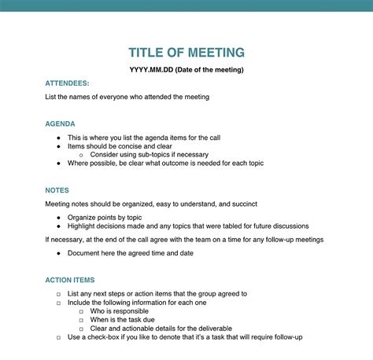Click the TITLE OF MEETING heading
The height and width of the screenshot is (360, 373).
pyautogui.click(x=186, y=53)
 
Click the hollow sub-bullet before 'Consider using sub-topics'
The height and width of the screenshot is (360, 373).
pyautogui.click(x=82, y=155)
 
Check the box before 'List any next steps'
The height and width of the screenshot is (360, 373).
pyautogui.click(x=58, y=294)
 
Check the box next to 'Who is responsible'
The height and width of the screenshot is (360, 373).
pyautogui.click(x=82, y=311)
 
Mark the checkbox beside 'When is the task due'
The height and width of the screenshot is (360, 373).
pyautogui.click(x=82, y=320)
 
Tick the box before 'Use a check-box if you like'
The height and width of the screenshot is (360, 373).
pyautogui.click(x=58, y=337)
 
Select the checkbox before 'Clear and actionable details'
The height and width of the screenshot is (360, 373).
pyautogui.click(x=82, y=329)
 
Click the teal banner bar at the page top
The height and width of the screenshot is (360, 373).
pyautogui.click(x=186, y=6)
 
